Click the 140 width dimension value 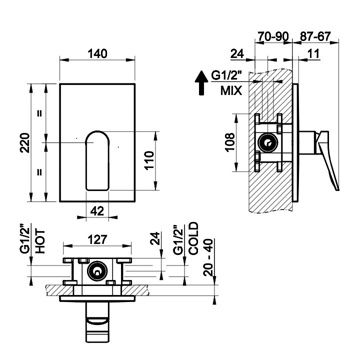click(97, 53)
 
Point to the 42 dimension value click(97, 211)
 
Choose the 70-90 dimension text click(273, 36)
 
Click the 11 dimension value click(313, 53)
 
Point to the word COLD click(193, 239)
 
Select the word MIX click(231, 90)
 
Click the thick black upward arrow click(200, 82)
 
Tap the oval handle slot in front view click(97, 160)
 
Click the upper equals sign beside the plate click(39, 113)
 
